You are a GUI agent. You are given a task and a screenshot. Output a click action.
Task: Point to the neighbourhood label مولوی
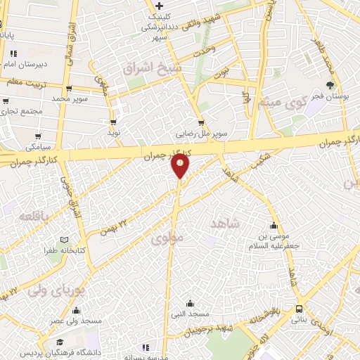[x=167, y=239]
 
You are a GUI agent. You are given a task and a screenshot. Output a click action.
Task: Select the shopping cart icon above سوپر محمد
[x=69, y=89]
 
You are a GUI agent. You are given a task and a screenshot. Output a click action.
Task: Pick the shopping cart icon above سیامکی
[x=38, y=136]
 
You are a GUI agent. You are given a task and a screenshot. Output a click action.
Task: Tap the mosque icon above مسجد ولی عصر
[x=76, y=311]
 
